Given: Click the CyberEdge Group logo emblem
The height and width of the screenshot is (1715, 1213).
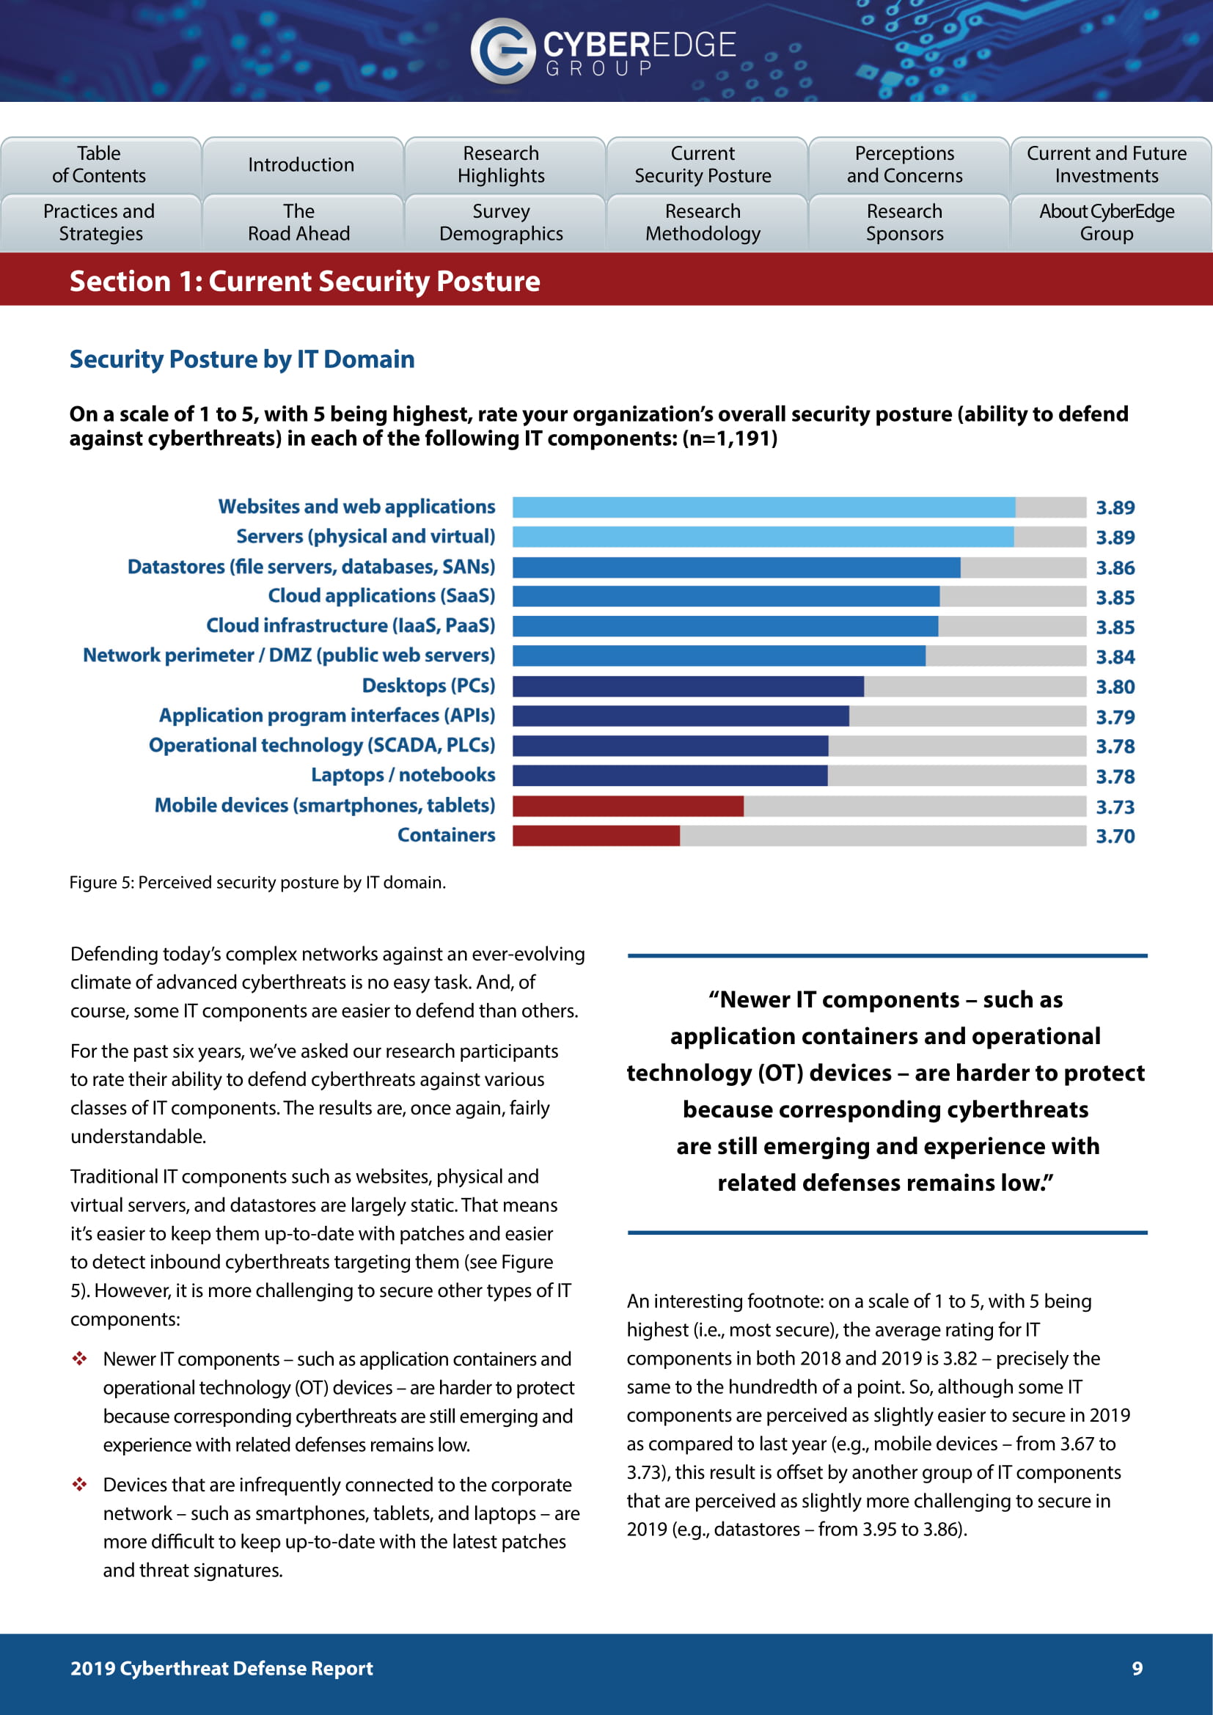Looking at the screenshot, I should coord(502,50).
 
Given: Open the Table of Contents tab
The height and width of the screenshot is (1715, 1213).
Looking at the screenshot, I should coord(99,164).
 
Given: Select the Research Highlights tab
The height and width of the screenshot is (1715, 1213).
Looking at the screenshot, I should coord(501,164).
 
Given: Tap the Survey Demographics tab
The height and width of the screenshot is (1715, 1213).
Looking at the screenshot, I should coord(501,223).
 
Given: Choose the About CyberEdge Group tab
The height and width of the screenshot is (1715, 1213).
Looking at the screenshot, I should coord(1106,223).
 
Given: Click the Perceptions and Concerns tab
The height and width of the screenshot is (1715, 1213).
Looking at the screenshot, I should coord(904,164).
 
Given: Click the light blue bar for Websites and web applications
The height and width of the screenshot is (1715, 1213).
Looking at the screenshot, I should coord(763,507).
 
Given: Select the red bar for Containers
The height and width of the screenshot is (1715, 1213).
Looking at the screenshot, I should coord(596,836).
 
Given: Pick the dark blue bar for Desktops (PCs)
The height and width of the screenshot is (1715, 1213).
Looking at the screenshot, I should coord(688,686).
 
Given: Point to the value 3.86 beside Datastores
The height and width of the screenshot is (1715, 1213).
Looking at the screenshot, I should coord(1115,568).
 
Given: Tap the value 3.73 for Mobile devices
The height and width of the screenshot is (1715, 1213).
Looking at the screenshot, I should coord(1115,807).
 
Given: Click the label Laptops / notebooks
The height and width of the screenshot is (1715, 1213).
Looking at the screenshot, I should coord(403,775).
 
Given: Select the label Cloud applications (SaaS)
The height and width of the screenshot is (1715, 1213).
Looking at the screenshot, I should coord(381,596).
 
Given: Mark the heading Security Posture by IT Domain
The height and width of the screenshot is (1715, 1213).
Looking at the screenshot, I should coord(242,359).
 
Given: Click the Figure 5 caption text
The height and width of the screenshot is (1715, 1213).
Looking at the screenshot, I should coord(257,883).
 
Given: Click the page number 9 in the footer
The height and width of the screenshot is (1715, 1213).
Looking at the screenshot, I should coord(1137,1668).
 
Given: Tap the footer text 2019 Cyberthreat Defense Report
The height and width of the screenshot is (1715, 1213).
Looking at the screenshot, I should coord(221,1668).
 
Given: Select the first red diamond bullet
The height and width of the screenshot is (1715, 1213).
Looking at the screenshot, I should coord(80,1359).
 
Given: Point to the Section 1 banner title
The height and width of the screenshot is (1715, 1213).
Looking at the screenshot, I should coord(305,282).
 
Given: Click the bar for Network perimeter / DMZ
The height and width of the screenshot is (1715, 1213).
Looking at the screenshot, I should coord(719,656).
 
